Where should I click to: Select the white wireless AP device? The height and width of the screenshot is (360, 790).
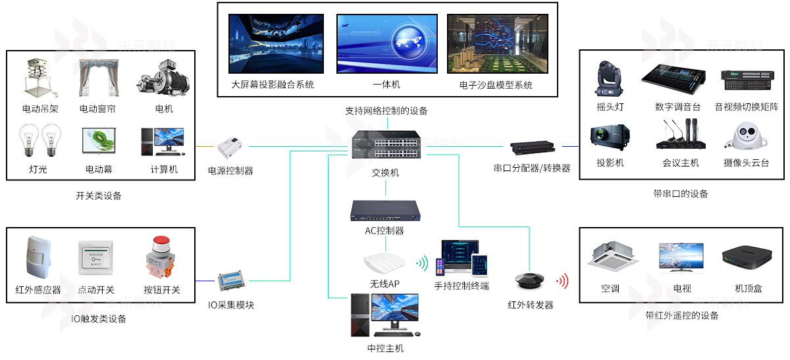[x=384, y=263]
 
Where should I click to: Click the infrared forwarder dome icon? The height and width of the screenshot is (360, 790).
[x=530, y=281]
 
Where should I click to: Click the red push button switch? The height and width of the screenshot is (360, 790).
[x=161, y=257]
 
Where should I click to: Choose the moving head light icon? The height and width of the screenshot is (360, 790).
[x=610, y=79]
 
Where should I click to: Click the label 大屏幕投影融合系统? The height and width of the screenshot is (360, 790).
[x=273, y=85]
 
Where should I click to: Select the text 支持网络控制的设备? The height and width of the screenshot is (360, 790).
[x=386, y=111]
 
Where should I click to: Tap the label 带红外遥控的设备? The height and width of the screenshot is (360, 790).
[x=682, y=316]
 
